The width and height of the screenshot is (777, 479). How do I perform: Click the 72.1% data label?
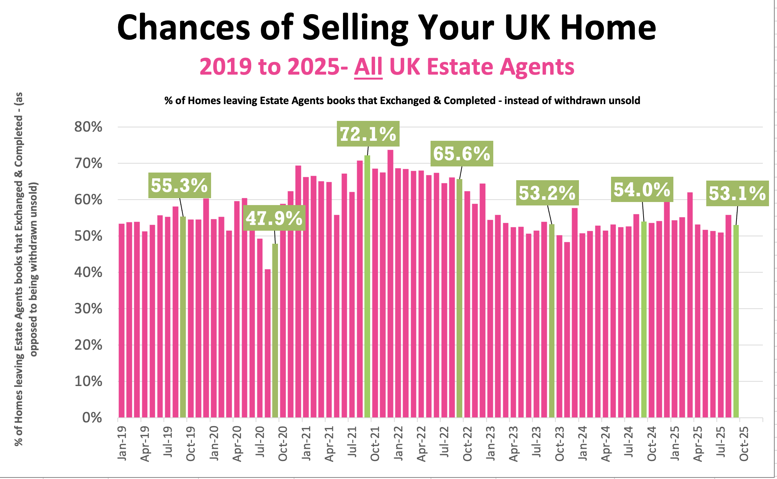tap(368, 134)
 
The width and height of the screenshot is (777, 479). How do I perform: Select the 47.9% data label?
tap(274, 218)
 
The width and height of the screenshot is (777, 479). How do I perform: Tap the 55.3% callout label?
tap(179, 185)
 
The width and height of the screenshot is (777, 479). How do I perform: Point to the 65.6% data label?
tap(462, 153)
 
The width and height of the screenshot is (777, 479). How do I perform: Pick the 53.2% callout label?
tap(547, 193)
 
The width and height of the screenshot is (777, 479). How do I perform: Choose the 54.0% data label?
tap(642, 189)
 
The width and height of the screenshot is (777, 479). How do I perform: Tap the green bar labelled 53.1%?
tap(736, 321)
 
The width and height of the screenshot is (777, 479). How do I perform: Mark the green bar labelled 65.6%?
tap(459, 298)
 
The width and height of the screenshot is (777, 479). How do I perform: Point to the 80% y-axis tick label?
tap(88, 127)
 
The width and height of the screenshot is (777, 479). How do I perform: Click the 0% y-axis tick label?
tap(92, 417)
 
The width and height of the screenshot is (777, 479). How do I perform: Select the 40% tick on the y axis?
tap(88, 272)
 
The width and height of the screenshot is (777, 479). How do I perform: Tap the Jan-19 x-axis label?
tap(122, 444)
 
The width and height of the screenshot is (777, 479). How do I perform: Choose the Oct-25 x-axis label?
tap(744, 444)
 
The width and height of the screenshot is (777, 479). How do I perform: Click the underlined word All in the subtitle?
tap(368, 67)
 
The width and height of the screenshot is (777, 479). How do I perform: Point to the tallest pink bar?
tap(390, 283)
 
